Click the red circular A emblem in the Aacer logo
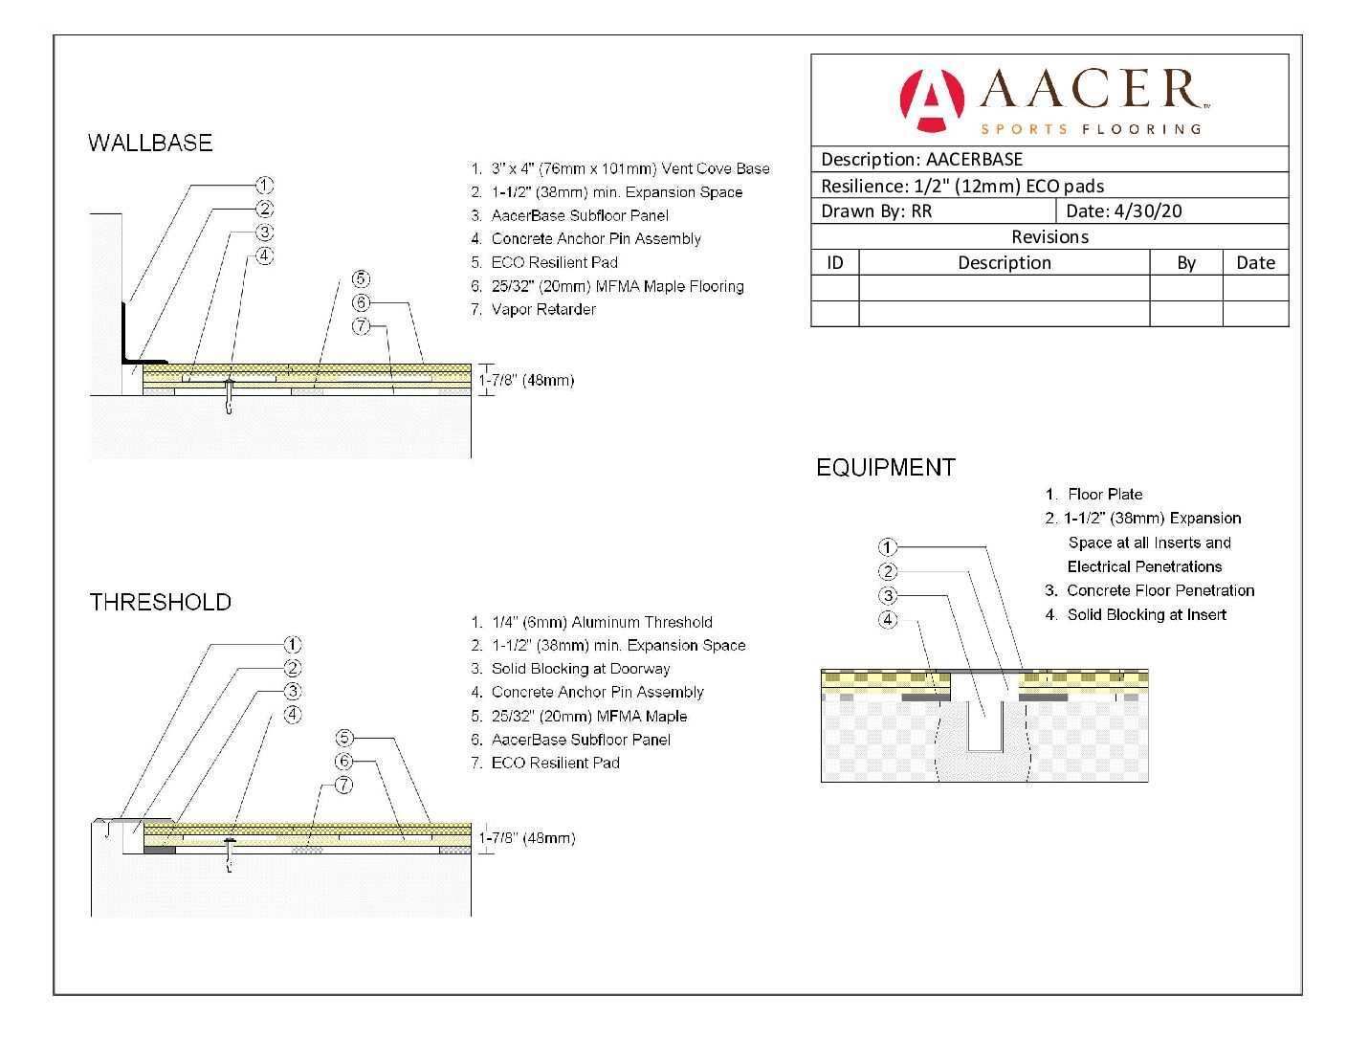click(x=931, y=100)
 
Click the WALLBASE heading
click(x=150, y=144)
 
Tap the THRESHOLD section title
click(x=161, y=602)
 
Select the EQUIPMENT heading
click(x=885, y=468)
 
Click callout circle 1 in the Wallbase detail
click(x=265, y=186)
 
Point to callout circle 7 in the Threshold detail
click(x=344, y=785)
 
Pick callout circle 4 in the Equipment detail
click(x=888, y=619)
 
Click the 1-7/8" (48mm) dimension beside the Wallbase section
click(x=526, y=380)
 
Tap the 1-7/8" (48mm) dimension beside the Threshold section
click(x=527, y=838)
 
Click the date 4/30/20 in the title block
click(x=1148, y=211)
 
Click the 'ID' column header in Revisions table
click(x=835, y=263)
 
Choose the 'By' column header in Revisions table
click(x=1186, y=263)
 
